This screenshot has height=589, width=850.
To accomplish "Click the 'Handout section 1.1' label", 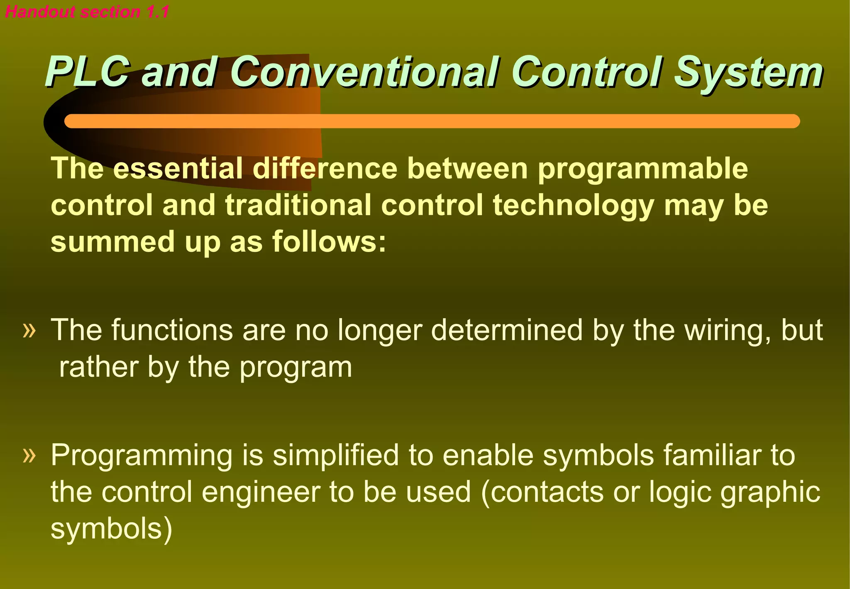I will tap(87, 12).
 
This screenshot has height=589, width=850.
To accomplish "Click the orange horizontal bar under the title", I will tap(432, 121).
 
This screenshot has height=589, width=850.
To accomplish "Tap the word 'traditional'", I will tap(298, 205).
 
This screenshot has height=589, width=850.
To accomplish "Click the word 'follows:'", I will tap(329, 241).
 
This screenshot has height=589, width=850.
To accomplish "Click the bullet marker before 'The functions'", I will tap(29, 331).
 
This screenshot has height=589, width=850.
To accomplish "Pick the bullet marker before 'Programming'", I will tap(29, 455).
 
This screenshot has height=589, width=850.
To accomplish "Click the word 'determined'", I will tap(507, 330).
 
